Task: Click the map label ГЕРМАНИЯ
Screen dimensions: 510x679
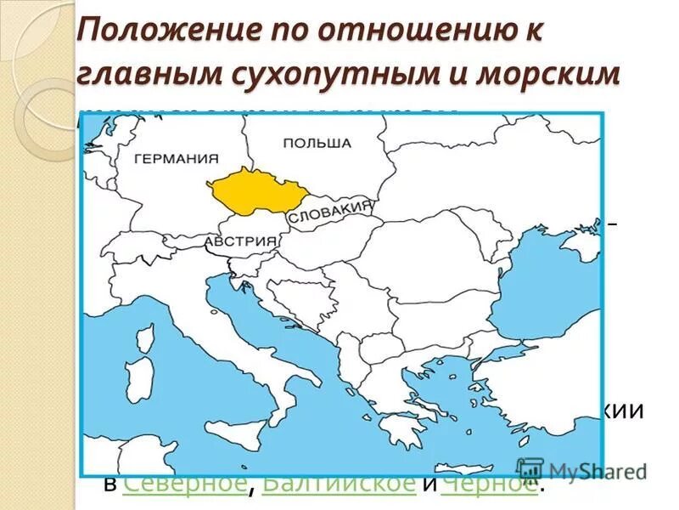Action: coord(176,158)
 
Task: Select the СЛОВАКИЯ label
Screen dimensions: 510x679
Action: coord(331,212)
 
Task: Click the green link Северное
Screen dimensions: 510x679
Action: coord(184,484)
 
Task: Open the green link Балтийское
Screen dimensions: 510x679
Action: coord(339,484)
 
